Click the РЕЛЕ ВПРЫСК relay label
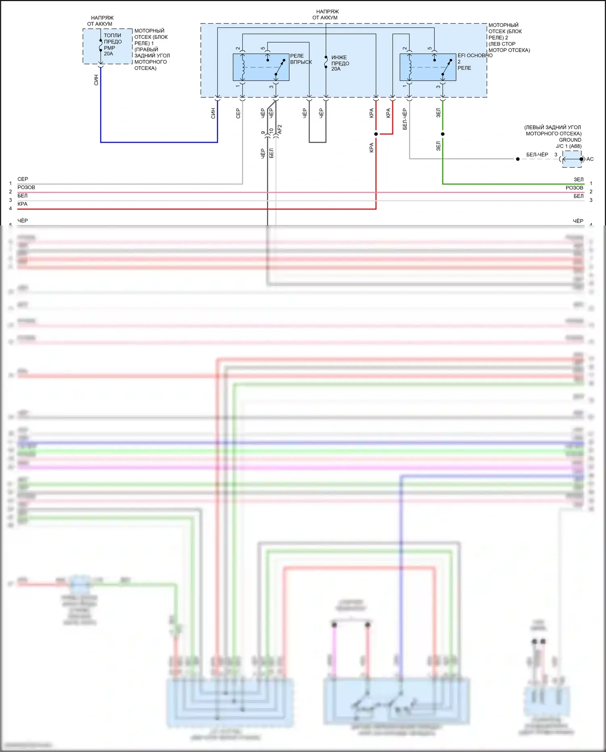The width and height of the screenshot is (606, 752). click(301, 59)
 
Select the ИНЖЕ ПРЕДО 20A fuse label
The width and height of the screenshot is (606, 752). click(340, 63)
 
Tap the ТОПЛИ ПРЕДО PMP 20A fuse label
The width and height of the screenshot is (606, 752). click(112, 44)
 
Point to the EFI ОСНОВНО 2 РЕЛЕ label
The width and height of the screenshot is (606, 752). click(474, 61)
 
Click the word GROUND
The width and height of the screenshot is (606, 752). click(570, 140)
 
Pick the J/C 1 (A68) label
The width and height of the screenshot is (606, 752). click(568, 146)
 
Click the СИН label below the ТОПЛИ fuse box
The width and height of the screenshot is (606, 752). click(96, 80)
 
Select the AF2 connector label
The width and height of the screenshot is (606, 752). click(280, 130)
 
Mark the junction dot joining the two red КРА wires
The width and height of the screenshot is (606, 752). click(376, 134)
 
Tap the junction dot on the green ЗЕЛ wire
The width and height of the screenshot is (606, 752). click(443, 134)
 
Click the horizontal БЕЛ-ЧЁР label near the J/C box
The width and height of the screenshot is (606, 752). click(537, 155)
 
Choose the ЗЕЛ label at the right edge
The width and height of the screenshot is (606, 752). click(579, 179)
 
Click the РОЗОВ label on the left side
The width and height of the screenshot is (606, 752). click(26, 187)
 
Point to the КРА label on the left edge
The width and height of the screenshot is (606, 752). click(23, 204)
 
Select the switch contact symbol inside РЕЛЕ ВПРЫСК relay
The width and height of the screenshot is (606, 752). click(279, 67)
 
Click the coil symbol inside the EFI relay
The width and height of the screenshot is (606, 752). click(410, 67)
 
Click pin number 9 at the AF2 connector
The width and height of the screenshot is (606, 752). click(263, 132)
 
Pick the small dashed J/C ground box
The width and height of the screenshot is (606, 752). click(572, 159)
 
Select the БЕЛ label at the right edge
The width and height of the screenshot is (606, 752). click(579, 196)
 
